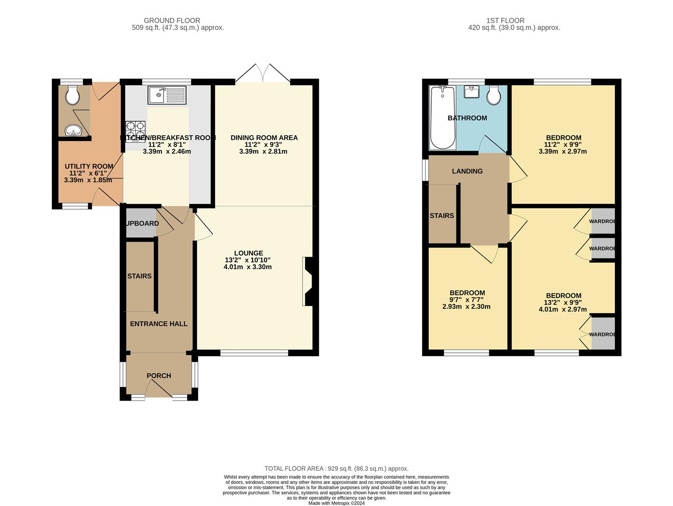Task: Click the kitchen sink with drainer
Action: click(167, 95)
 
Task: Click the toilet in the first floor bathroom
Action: click(494, 96)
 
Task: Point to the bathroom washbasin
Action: click(471, 91)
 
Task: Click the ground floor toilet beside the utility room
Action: click(72, 96)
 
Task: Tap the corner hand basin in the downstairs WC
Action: click(72, 131)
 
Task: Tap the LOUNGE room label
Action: click(248, 253)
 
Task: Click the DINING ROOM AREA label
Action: click(264, 138)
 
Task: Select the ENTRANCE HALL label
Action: click(158, 324)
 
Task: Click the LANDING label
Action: click(467, 171)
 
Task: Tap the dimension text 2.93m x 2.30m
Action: click(466, 307)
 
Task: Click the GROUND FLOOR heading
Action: click(172, 21)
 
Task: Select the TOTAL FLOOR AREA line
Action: click(336, 469)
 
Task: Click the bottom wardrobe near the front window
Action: click(603, 334)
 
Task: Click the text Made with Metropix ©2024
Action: click(336, 503)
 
